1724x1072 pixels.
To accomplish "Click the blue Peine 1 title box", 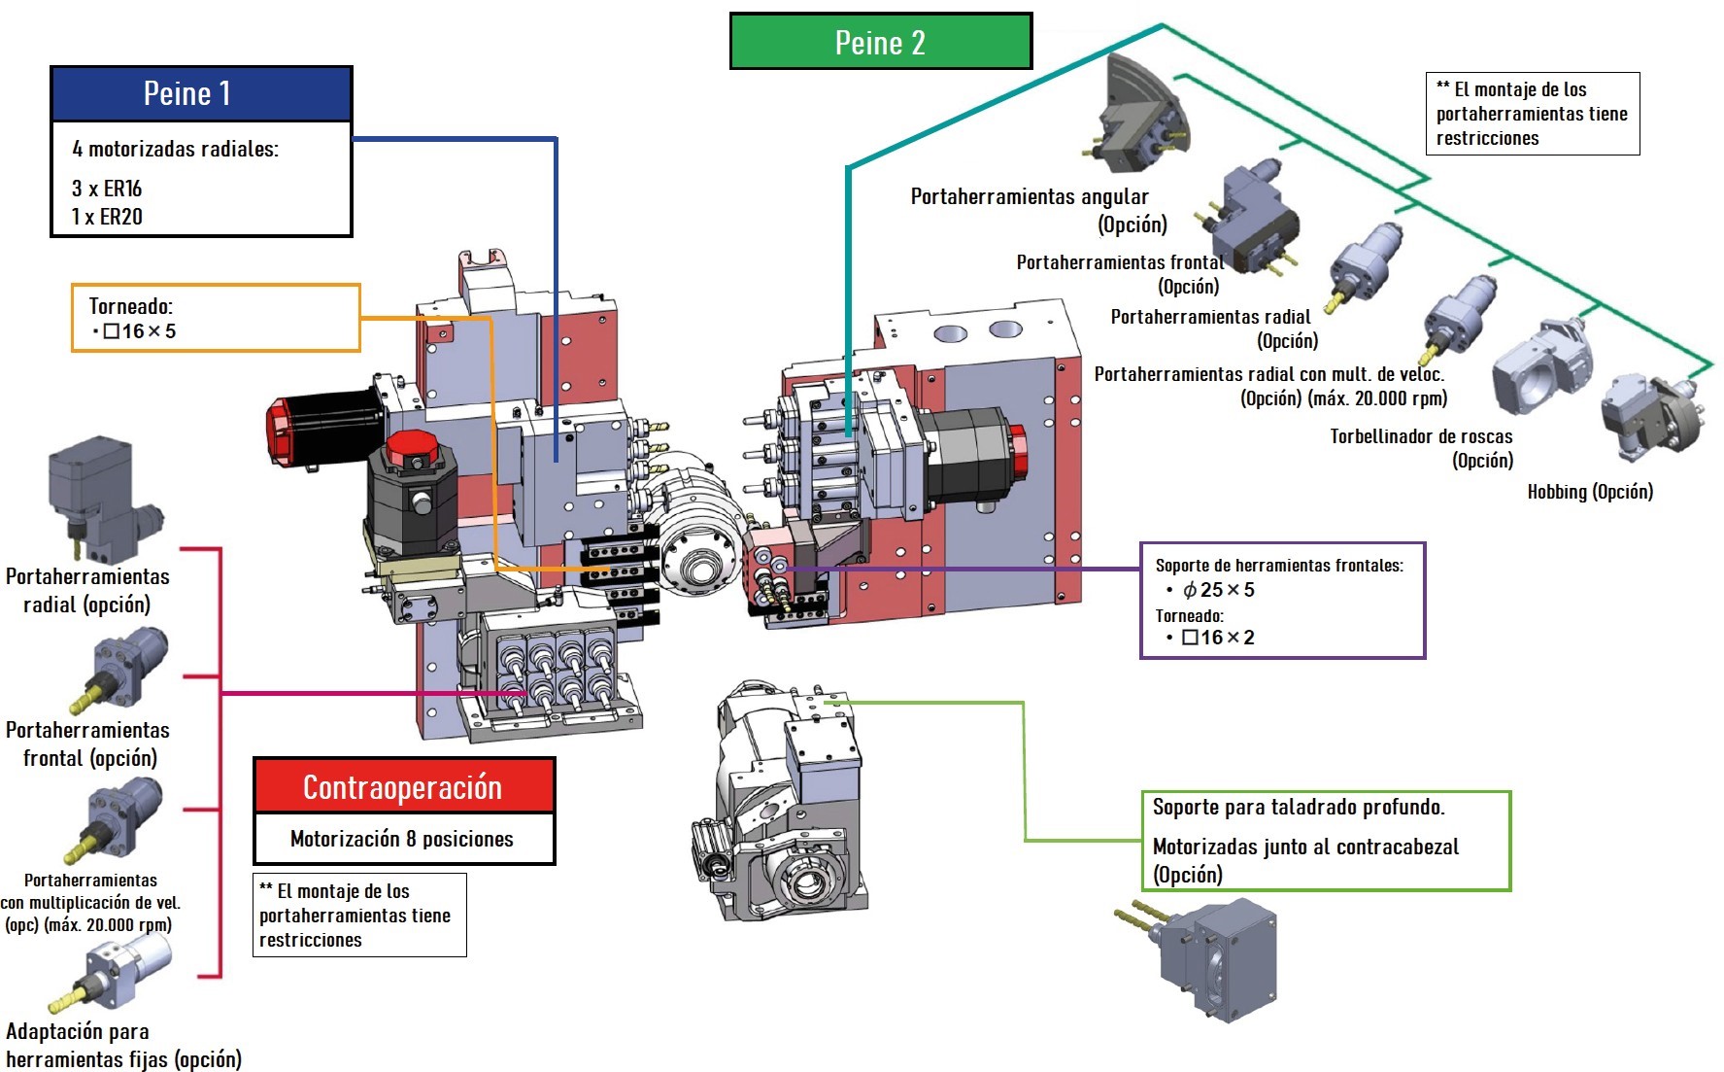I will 201,94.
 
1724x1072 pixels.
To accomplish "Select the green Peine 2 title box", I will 880,42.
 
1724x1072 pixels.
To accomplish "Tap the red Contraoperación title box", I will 403,786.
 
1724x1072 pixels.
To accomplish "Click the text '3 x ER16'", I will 107,189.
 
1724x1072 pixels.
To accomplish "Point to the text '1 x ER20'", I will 107,217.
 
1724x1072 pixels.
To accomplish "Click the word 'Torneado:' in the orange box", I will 130,307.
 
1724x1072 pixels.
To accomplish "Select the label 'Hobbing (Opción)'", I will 1590,492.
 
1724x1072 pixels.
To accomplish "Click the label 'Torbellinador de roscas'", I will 1421,436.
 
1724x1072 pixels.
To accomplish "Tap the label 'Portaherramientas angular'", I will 1030,197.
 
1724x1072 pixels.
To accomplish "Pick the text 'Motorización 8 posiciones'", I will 402,839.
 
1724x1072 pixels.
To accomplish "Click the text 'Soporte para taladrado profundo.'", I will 1299,807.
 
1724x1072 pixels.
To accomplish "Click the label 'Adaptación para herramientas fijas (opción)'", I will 122,1045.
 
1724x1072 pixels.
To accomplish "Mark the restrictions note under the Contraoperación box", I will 359,915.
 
